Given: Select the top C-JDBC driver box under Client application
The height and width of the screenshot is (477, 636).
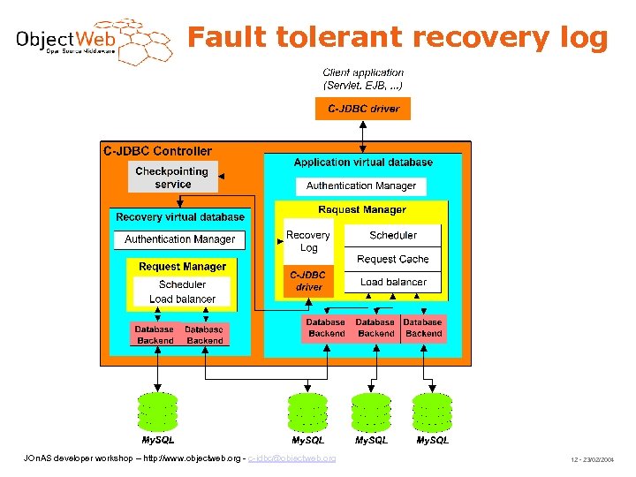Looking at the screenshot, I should pyautogui.click(x=363, y=109).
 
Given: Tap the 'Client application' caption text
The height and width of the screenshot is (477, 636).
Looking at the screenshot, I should pyautogui.click(x=363, y=72).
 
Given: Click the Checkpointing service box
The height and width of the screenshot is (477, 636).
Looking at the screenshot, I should pyautogui.click(x=172, y=178).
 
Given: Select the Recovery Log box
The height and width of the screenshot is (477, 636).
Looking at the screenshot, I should pyautogui.click(x=307, y=241).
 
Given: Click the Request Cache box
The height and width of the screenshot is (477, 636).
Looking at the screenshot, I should pyautogui.click(x=392, y=259).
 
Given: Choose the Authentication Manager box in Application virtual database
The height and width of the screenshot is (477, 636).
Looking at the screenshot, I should pyautogui.click(x=360, y=185).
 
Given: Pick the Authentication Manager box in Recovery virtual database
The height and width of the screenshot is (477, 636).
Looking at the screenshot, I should pyautogui.click(x=179, y=238).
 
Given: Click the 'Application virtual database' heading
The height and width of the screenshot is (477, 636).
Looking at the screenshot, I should pyautogui.click(x=363, y=163).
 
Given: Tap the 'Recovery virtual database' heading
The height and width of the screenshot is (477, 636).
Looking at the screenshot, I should pyautogui.click(x=180, y=216).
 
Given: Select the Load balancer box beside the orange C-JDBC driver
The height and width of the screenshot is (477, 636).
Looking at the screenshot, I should pyautogui.click(x=392, y=282).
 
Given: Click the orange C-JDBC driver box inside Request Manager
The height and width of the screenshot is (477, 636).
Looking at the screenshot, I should pyautogui.click(x=308, y=281).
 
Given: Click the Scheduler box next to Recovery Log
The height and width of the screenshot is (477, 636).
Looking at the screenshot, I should pyautogui.click(x=392, y=235).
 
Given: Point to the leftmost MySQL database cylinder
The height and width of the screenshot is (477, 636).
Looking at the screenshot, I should pyautogui.click(x=158, y=411).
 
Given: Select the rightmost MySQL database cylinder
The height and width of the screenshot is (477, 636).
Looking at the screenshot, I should pyautogui.click(x=432, y=411).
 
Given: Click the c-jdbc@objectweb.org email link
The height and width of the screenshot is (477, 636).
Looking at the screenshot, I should pyautogui.click(x=291, y=458).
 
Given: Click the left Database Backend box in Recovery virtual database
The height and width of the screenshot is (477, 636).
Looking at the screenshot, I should pyautogui.click(x=155, y=335).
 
